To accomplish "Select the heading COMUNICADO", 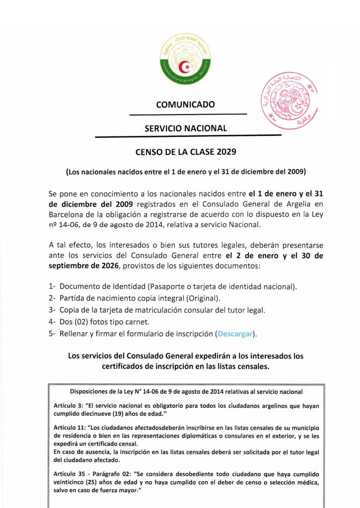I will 185,105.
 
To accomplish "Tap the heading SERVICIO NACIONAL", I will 185,128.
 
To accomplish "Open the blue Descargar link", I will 236,334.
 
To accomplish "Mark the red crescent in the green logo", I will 185,65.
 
